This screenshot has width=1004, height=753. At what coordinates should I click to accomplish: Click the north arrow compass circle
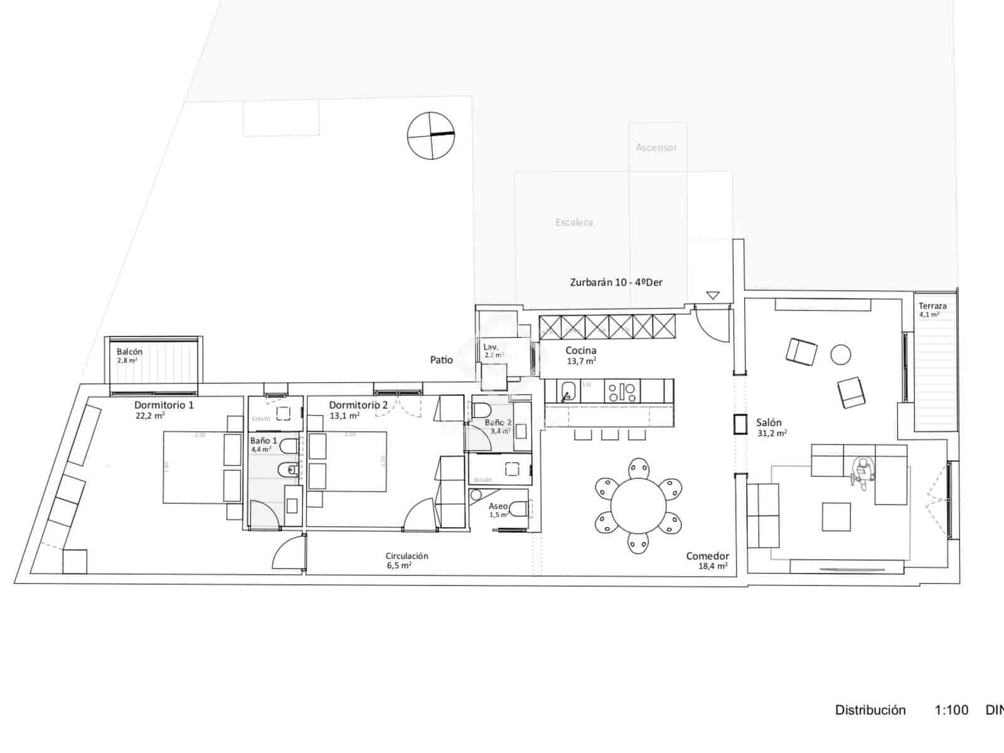point(430,135)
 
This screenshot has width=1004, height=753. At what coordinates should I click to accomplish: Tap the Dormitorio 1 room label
point(164,405)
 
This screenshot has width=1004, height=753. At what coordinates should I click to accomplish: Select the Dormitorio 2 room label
point(358,405)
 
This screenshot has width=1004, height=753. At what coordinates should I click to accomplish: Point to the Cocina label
point(580,351)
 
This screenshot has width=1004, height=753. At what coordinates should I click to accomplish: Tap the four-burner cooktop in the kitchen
point(621,392)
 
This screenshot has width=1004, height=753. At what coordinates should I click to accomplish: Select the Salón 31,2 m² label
point(771,427)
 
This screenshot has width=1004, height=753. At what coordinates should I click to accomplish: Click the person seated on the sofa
point(863,471)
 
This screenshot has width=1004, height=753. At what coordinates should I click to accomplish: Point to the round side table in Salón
point(841,355)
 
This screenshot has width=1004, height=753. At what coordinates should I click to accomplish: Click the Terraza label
point(932,306)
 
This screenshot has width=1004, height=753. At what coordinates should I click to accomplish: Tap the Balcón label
point(129,352)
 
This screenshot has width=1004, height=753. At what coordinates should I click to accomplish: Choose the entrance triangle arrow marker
point(712,295)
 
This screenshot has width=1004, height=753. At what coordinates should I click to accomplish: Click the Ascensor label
point(656,147)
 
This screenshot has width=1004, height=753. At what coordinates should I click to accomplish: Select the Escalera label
point(574,222)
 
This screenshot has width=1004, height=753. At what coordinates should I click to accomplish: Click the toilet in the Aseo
point(518,508)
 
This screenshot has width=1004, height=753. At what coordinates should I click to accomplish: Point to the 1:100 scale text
point(951,710)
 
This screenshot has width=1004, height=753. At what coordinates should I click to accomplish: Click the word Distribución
point(870,710)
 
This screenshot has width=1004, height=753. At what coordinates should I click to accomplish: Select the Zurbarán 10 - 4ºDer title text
point(616,282)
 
